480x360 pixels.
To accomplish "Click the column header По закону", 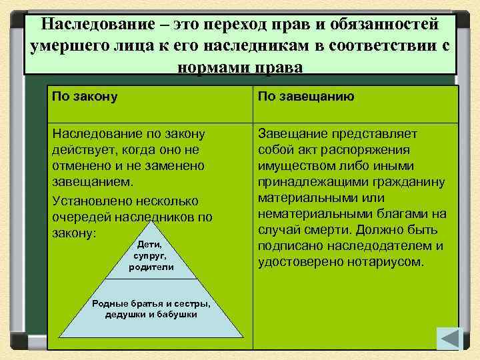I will [85, 97].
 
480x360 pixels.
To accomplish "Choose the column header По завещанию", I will [306, 97].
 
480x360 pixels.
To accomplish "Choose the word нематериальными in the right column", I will [309, 214].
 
